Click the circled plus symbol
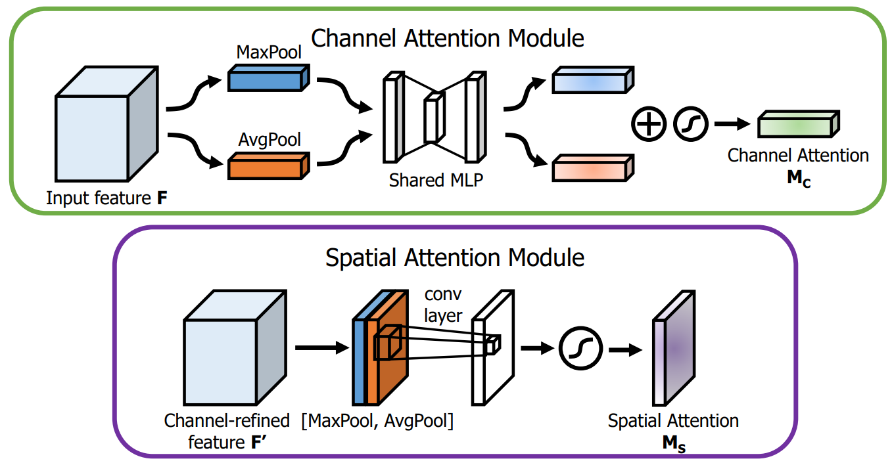tap(649, 123)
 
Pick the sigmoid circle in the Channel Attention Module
tap(690, 123)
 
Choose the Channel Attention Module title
tap(447, 38)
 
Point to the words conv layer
tap(443, 305)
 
